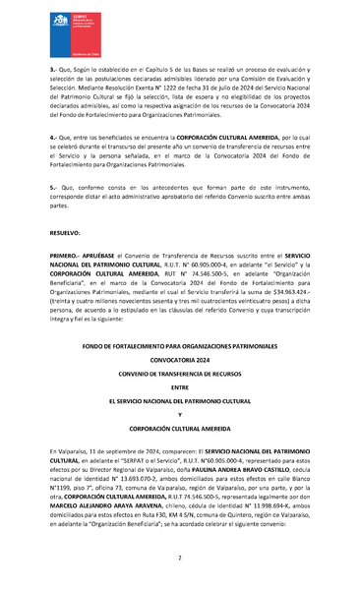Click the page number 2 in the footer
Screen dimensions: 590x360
coord(180,558)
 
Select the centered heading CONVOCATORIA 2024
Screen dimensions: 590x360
coord(180,359)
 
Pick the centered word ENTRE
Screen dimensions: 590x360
coord(180,387)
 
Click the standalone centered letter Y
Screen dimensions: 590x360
coord(180,414)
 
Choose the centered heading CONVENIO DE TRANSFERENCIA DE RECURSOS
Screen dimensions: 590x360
coord(180,374)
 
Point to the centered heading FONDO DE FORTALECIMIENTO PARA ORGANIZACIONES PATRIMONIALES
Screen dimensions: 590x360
coord(180,345)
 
